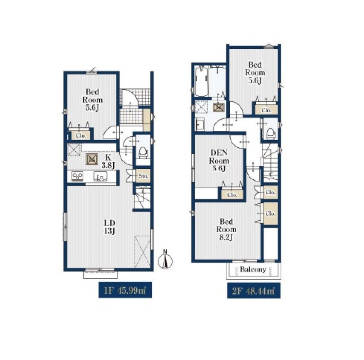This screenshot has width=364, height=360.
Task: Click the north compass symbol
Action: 165,260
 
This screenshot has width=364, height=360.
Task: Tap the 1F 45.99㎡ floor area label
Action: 125,290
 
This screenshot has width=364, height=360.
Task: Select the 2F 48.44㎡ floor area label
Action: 253,291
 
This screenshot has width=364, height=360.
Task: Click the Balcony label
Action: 253,269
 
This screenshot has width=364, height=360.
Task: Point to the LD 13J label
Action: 109,227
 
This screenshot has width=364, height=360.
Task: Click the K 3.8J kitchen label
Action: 108,161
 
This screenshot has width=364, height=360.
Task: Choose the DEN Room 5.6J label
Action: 219,160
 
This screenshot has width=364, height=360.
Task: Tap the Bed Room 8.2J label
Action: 226,229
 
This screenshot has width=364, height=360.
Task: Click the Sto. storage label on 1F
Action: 143,176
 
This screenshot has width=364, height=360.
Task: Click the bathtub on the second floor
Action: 202,81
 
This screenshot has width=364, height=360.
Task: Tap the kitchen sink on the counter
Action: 100,176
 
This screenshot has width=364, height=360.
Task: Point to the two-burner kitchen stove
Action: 77,176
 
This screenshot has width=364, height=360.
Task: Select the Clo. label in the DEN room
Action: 232,195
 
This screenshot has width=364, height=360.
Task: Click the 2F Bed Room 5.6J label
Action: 255,72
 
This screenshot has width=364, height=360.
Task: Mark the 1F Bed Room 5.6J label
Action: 92,100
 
